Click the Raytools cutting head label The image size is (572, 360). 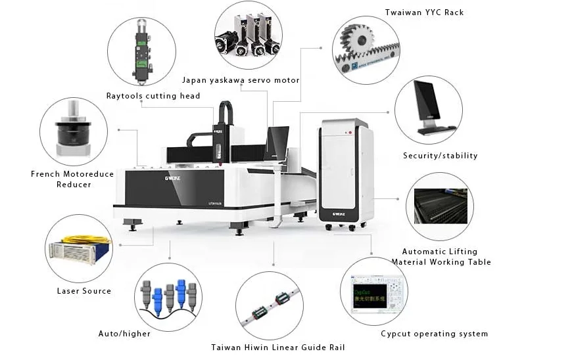(x=153, y=96)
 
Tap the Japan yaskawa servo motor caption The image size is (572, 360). (x=240, y=80)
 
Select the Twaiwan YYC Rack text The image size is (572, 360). (x=423, y=12)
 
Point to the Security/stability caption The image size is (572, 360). (x=440, y=156)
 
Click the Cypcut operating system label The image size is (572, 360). (x=434, y=334)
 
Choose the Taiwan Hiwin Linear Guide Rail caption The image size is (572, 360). (x=277, y=347)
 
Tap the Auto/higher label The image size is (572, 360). (x=124, y=334)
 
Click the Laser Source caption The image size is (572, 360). (x=83, y=291)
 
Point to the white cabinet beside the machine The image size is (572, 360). (x=345, y=172)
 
